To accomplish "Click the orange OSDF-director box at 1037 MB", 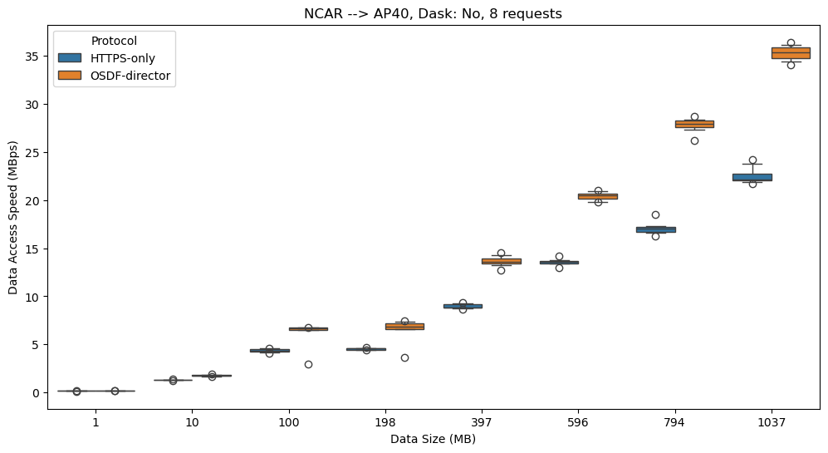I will [x=791, y=53].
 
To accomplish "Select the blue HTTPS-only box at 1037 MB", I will [x=752, y=177].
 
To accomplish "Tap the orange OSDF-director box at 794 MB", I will [x=694, y=124].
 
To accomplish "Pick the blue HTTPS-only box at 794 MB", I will [x=655, y=229].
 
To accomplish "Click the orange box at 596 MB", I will [x=598, y=196].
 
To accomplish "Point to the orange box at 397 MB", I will [x=501, y=261].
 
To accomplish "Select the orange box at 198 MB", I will [x=404, y=326].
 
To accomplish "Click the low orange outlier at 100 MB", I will [x=308, y=364].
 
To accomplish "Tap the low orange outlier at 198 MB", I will [x=404, y=357].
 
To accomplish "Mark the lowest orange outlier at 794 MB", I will [x=694, y=140].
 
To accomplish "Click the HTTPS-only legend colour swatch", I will [x=70, y=57].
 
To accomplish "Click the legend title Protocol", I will [x=114, y=40].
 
